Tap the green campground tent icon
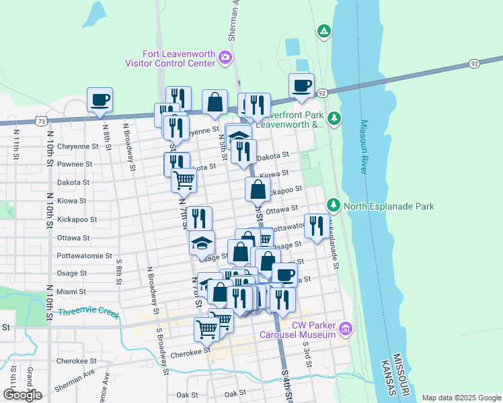pos(324,31)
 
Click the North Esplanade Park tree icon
pos(333,204)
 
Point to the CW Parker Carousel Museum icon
pos(346,328)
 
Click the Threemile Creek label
pos(88,313)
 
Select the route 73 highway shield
pos(42,122)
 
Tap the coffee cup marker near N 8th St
pos(100,99)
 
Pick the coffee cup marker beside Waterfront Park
pos(301,85)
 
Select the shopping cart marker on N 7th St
pos(184,180)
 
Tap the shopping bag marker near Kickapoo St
pos(258,189)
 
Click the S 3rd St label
pos(309,357)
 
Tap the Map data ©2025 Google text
pos(461,398)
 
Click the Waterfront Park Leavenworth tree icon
pos(334,120)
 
